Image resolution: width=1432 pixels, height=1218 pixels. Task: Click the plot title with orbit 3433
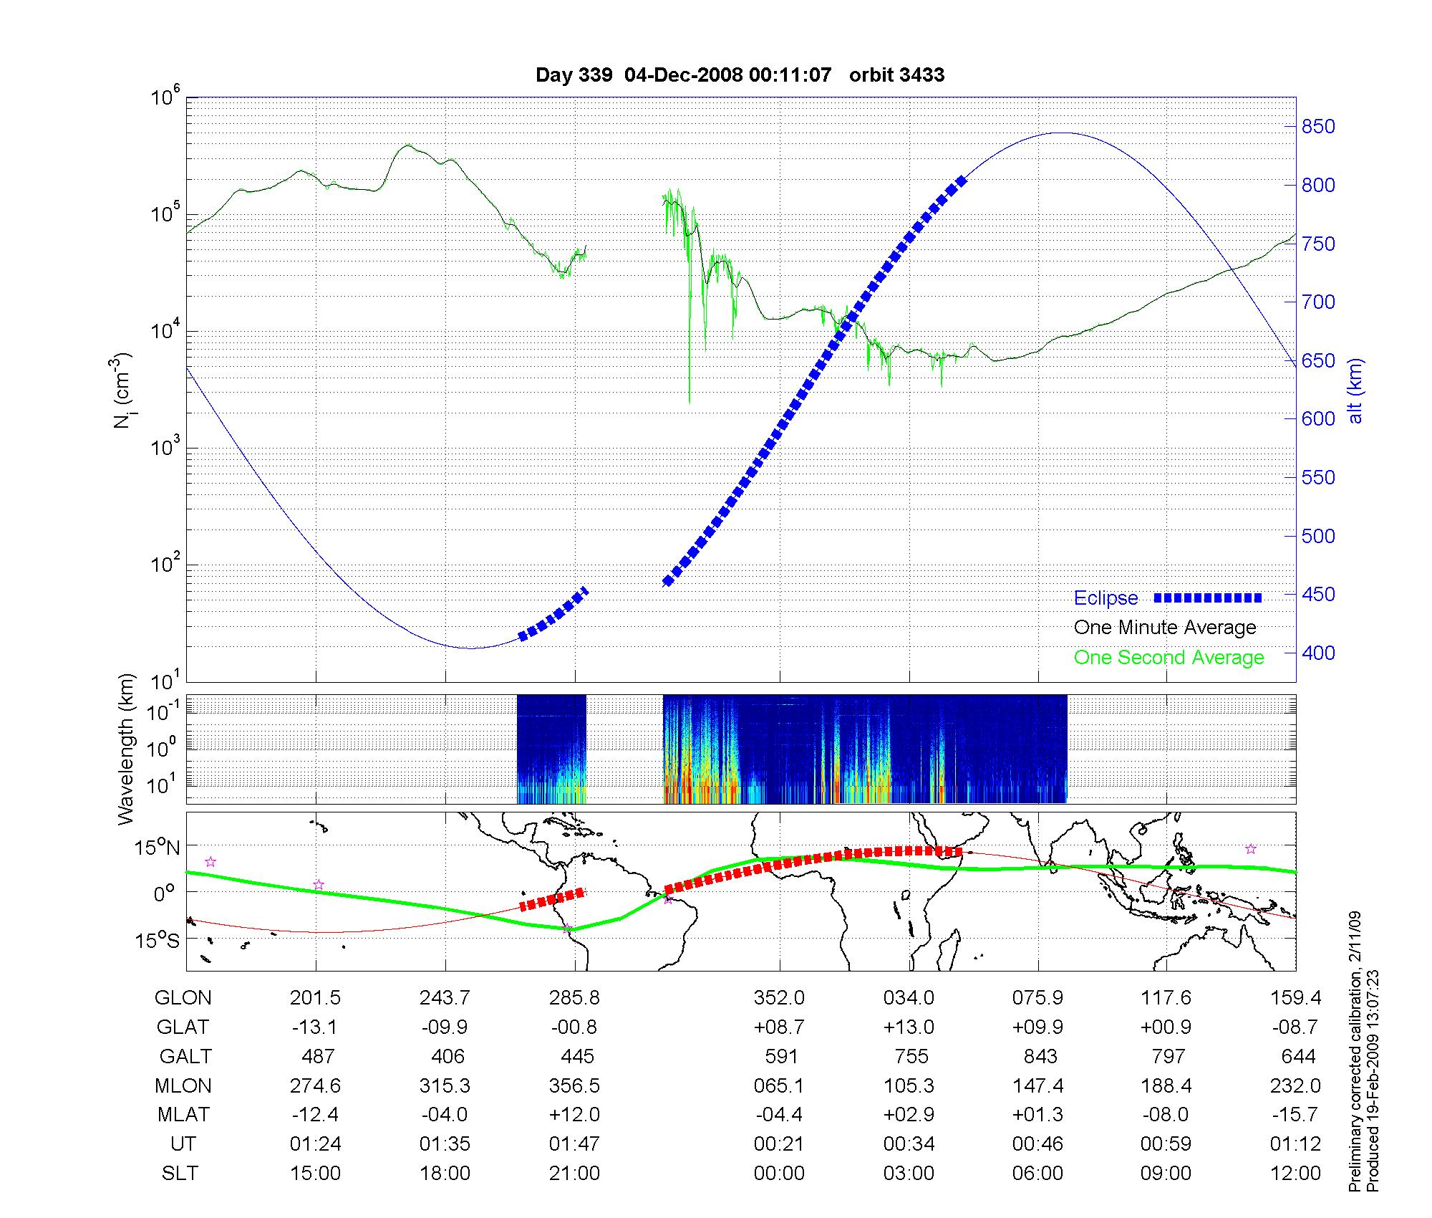point(740,75)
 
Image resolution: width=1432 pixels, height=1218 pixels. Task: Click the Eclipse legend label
point(1106,598)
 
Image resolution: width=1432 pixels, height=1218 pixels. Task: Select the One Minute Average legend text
point(1165,628)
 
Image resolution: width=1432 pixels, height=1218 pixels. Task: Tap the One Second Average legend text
point(1169,658)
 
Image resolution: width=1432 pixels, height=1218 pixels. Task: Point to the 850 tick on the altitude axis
point(1318,127)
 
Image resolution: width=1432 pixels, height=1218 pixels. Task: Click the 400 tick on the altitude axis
point(1318,653)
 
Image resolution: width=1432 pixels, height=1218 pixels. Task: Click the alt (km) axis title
point(1355,390)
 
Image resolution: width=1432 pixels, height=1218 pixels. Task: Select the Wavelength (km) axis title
point(126,749)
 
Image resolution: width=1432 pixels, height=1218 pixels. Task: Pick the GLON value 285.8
point(575,997)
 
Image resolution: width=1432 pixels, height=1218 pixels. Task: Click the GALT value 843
point(1040,1056)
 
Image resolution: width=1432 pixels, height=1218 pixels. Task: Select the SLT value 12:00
point(1295,1173)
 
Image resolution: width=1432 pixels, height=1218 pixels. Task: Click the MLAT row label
point(183,1115)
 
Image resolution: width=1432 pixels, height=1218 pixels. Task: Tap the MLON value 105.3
point(909,1085)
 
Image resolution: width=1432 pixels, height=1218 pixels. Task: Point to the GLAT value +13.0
point(909,1027)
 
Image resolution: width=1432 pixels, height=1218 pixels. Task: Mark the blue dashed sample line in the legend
point(1208,598)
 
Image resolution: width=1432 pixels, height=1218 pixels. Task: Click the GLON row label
point(183,997)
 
